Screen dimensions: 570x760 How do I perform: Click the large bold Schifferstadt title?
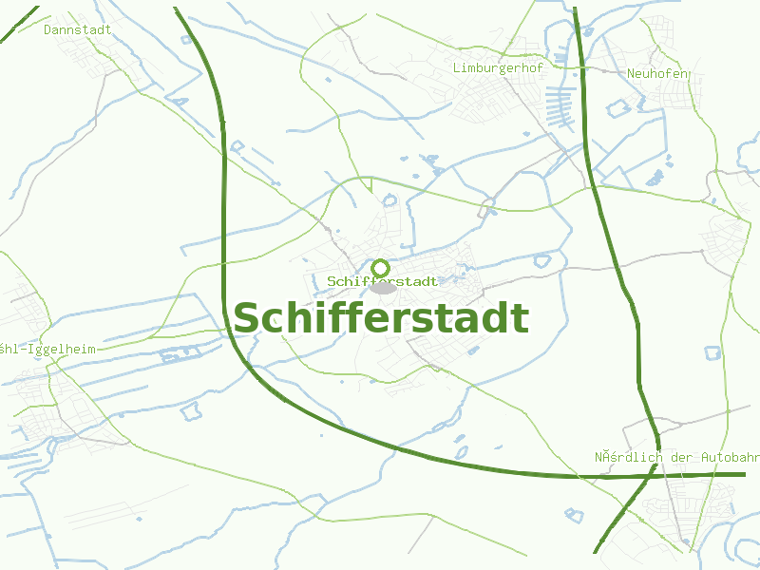tap(380, 318)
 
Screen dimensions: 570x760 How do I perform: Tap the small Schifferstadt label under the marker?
tap(382, 282)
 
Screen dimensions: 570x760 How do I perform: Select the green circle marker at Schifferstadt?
tap(381, 268)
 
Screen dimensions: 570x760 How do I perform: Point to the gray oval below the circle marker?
tap(383, 288)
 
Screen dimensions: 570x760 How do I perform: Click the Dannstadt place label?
tap(77, 29)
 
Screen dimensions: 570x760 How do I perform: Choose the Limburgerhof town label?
tap(498, 68)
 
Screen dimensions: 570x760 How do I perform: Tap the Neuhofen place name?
tap(657, 73)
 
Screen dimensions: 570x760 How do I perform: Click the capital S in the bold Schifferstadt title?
tap(249, 319)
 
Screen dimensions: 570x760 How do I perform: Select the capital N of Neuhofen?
tap(631, 73)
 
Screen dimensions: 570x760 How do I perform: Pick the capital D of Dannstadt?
tap(47, 29)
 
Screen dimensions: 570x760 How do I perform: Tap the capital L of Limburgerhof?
tap(457, 68)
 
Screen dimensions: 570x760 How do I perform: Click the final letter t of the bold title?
tap(521, 319)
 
